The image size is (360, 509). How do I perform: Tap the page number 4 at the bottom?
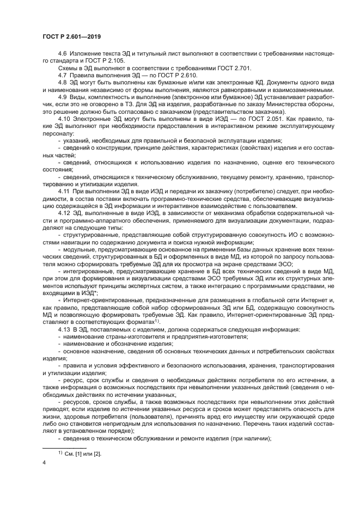point(44,463)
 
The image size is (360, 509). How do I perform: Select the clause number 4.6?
point(62,54)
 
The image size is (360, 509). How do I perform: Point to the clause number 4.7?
point(62,74)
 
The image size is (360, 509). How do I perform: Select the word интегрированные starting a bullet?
point(88,270)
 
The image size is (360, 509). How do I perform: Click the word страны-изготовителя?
point(123,337)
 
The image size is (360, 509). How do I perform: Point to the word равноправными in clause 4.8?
point(233,90)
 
